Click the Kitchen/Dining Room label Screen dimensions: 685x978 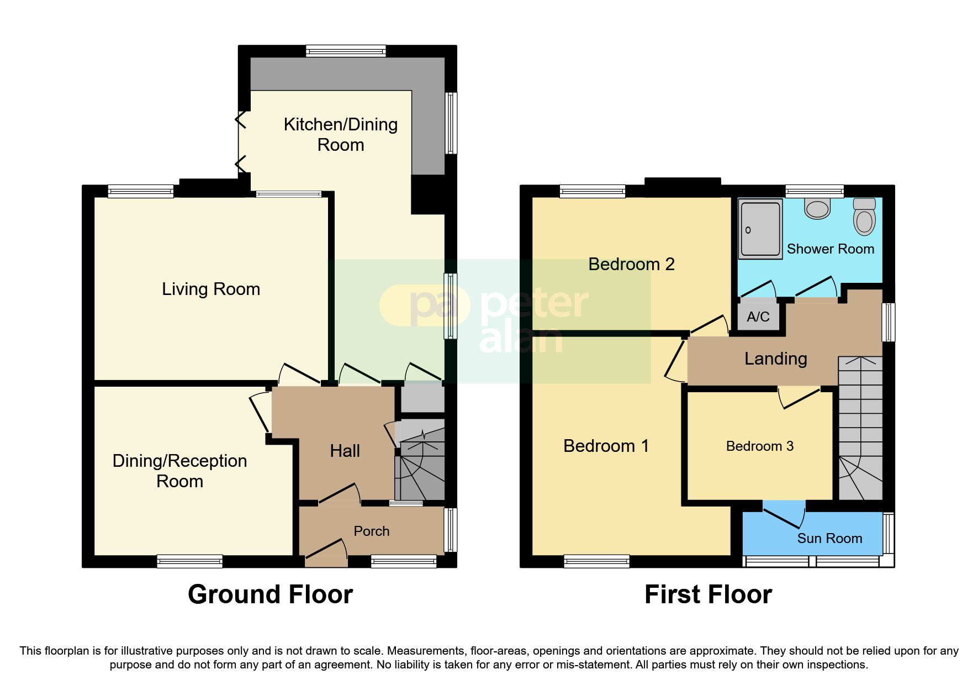pos(340,134)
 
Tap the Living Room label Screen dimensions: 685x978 pos(210,289)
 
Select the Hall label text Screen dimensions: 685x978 pos(345,451)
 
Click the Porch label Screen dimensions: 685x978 pos(371,531)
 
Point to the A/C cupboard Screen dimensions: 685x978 pos(758,317)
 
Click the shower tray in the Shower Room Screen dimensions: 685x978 pos(760,228)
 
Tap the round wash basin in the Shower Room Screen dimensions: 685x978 pos(817,209)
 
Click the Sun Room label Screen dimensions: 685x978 pos(829,538)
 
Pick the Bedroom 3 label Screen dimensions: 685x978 pos(759,446)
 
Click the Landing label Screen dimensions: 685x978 pos(775,359)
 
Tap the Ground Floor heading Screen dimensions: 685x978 pos(270,594)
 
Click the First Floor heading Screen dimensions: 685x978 pos(708,594)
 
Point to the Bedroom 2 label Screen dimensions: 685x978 pos(631,264)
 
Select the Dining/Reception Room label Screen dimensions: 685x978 pos(179,471)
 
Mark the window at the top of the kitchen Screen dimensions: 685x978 pos(346,51)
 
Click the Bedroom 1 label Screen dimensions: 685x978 pos(606,446)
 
